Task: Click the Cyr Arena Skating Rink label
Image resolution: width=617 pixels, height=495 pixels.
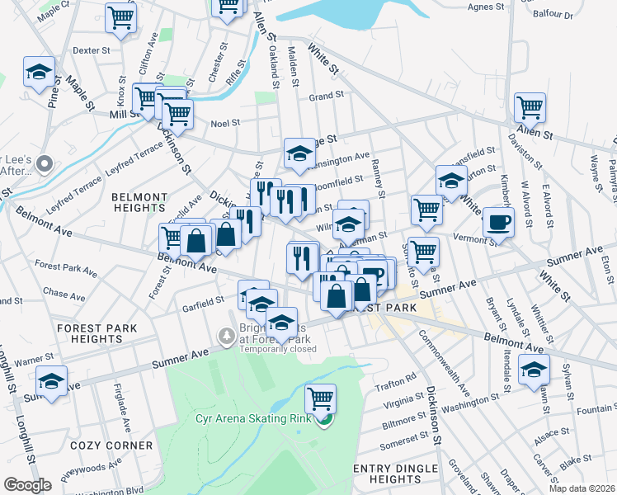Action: [x=253, y=418]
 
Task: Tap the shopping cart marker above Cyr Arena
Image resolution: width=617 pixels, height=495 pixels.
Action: [x=321, y=399]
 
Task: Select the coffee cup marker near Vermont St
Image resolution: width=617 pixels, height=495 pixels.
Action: [x=498, y=222]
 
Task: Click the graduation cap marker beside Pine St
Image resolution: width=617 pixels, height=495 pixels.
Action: [x=39, y=73]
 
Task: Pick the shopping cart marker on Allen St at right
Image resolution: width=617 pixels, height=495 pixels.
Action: [x=530, y=107]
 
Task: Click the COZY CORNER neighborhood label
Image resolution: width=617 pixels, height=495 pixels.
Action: [x=112, y=445]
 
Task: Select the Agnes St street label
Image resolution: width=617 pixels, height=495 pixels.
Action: [x=485, y=7]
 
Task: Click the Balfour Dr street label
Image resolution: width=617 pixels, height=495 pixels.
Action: [x=577, y=16]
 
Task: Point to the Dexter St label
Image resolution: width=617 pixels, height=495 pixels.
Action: [x=92, y=50]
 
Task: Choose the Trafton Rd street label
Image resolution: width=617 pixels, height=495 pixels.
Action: [x=400, y=378]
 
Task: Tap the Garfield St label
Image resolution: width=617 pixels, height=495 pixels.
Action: [x=203, y=300]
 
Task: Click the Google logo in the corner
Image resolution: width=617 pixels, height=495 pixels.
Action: [x=28, y=485]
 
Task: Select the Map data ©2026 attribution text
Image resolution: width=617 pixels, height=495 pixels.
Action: [x=583, y=488]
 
